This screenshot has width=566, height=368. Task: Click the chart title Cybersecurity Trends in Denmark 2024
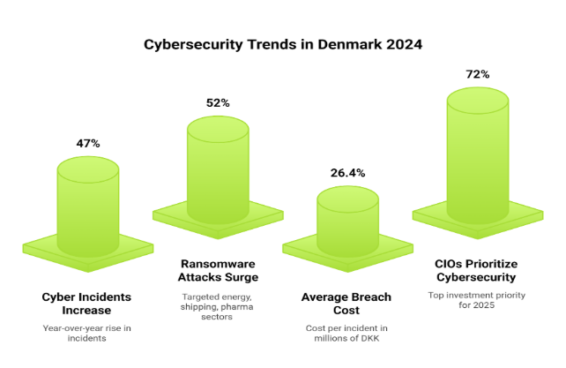(x=282, y=44)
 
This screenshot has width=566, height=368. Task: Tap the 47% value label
(x=88, y=142)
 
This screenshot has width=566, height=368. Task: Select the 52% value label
(x=218, y=103)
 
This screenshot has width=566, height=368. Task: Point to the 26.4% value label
(x=347, y=173)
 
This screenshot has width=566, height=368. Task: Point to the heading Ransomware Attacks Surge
(x=218, y=270)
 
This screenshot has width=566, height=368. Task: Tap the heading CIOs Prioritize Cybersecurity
(x=477, y=270)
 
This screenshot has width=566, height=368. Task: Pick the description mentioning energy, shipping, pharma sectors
(x=218, y=305)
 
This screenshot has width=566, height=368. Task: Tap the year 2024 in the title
(x=400, y=44)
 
